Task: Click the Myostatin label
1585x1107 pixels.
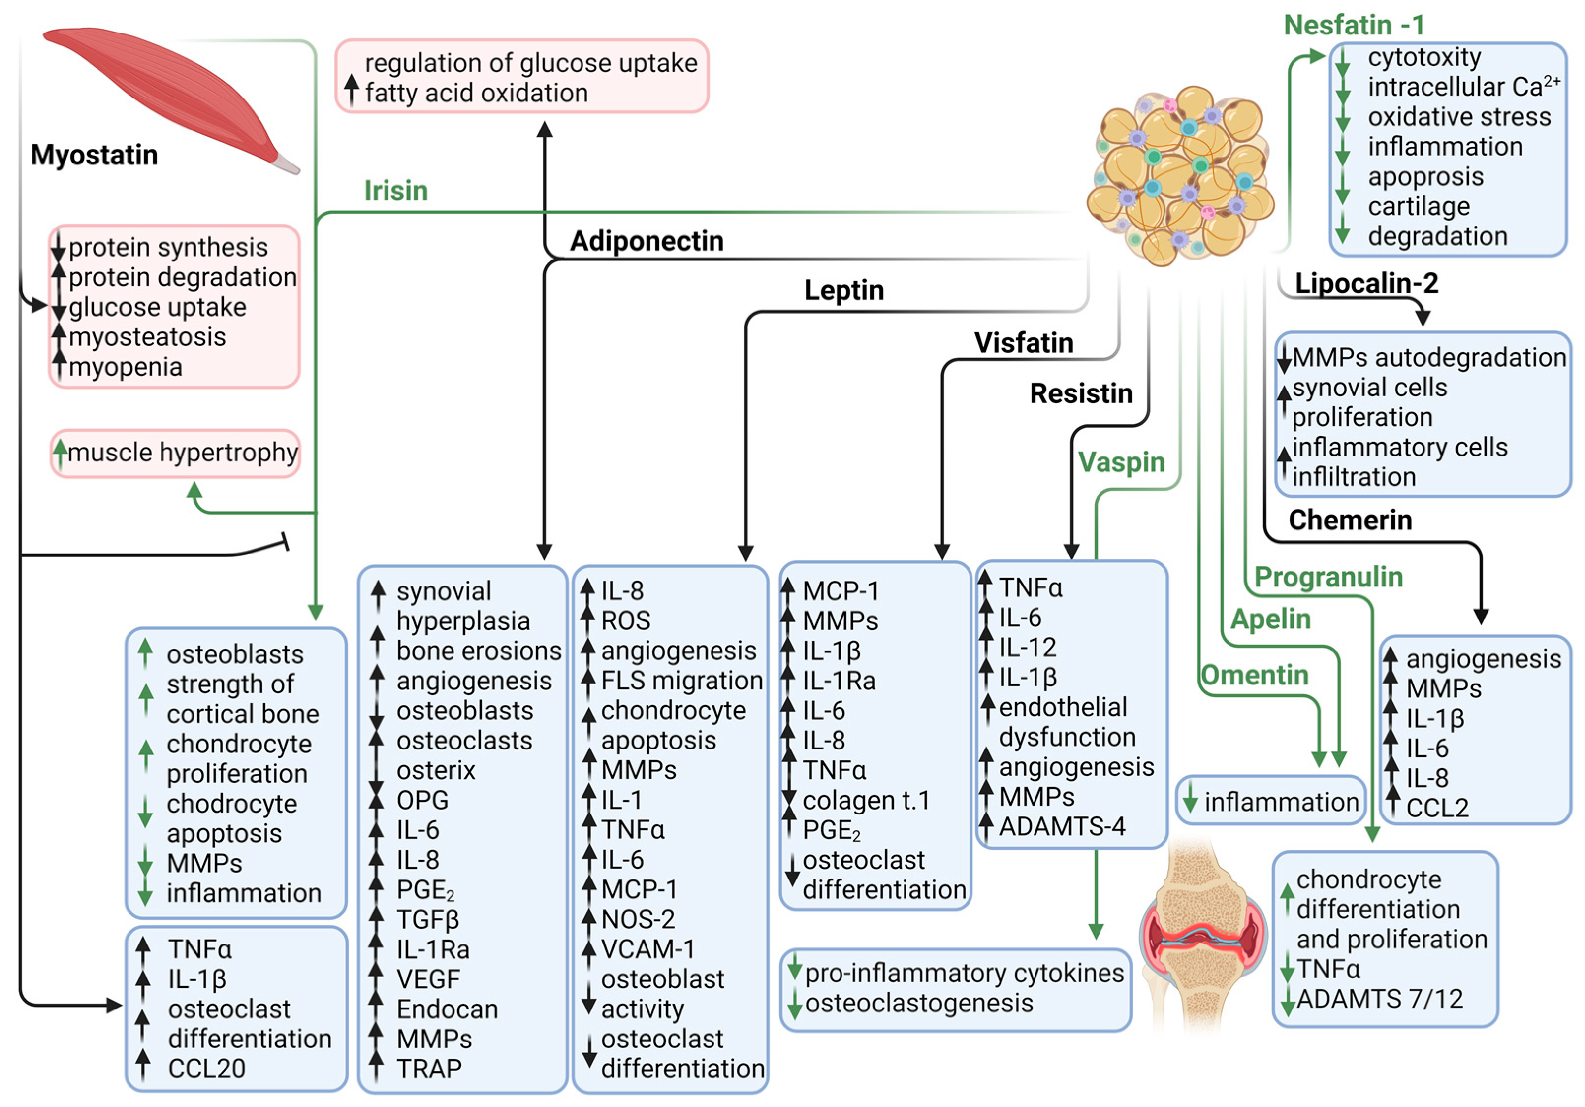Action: [x=94, y=155]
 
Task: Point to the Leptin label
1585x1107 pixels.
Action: [x=843, y=290]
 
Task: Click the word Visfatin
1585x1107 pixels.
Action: [x=1023, y=343]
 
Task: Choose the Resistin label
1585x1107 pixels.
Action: [x=1081, y=393]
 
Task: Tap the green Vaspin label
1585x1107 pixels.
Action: [x=1121, y=462]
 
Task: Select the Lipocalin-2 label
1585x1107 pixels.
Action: [x=1366, y=283]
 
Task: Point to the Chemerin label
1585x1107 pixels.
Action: [x=1350, y=520]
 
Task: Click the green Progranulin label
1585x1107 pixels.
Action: [x=1328, y=577]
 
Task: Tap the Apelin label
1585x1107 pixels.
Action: [x=1270, y=619]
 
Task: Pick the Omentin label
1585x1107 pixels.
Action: [x=1254, y=675]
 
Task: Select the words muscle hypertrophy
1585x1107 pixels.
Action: [x=183, y=453]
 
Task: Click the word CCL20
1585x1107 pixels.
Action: [x=206, y=1068]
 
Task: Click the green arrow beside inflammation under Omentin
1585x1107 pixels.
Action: [x=1190, y=800]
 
